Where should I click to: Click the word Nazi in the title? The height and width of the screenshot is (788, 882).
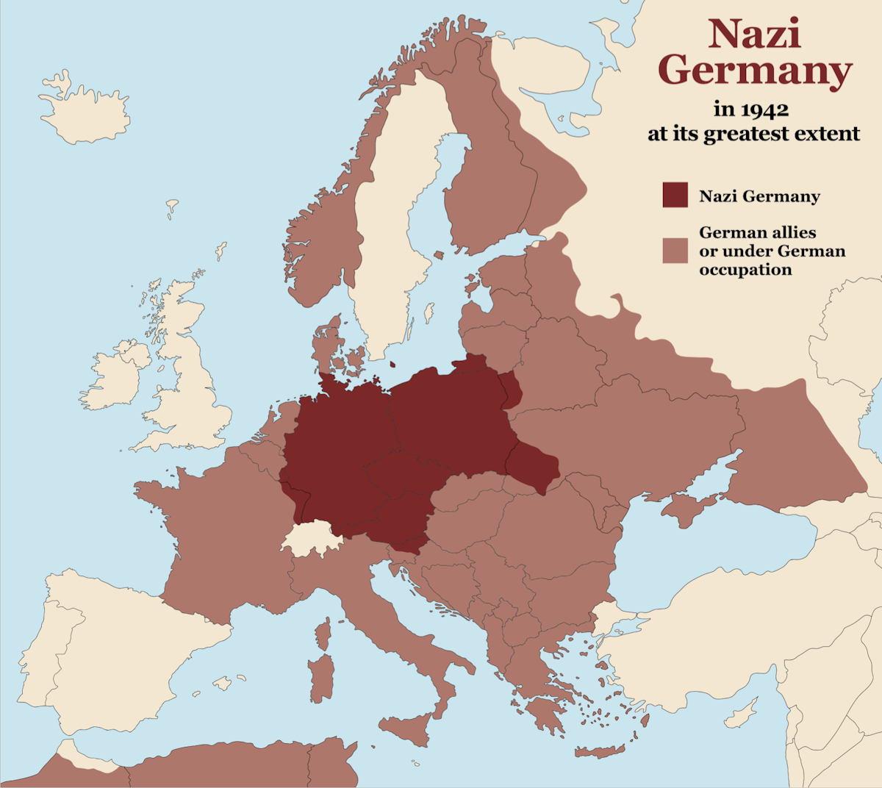(754, 34)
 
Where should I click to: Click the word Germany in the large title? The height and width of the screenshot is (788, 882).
(755, 71)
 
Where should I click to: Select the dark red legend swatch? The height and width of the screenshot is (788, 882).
(675, 195)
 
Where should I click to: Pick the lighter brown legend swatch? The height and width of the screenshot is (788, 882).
(675, 250)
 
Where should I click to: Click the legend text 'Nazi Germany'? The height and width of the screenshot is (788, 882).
(759, 196)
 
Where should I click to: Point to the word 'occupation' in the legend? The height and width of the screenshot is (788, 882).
(745, 270)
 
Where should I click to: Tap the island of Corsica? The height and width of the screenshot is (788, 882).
(322, 633)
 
